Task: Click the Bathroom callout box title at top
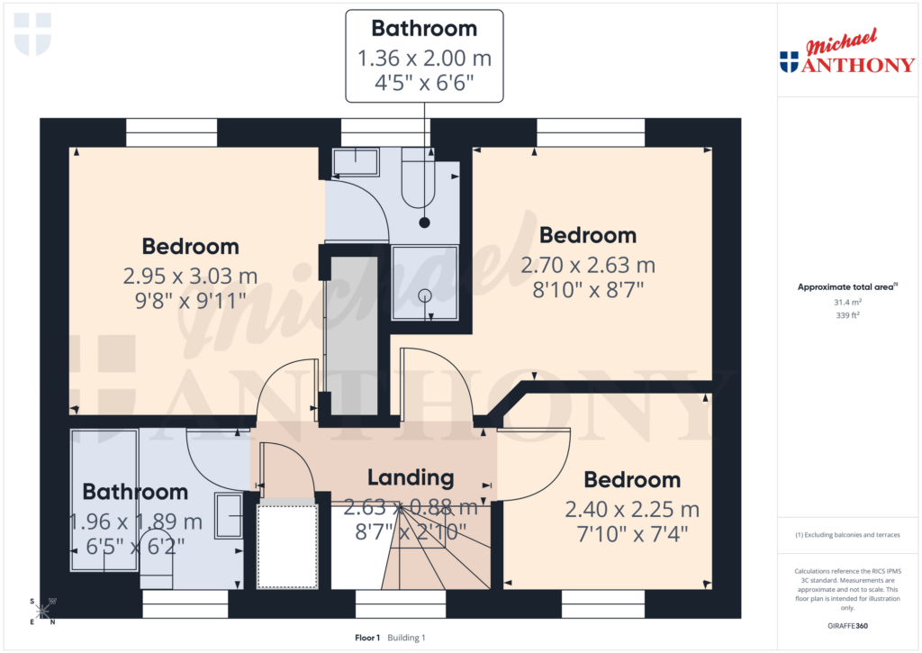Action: [424, 28]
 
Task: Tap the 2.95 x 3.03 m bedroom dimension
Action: [190, 275]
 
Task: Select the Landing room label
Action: [411, 477]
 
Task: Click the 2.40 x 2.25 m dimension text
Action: [632, 509]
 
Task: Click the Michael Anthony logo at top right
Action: [846, 54]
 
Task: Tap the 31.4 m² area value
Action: [846, 304]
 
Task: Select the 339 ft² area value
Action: [846, 316]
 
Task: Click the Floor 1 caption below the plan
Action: [368, 638]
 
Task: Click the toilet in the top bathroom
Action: [419, 185]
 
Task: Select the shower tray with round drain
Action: [424, 281]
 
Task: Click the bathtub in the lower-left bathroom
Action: [104, 500]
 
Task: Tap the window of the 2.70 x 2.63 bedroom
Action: [592, 132]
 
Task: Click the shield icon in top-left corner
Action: [33, 33]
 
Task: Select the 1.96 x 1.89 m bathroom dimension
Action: [135, 521]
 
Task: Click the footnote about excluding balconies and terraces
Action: [847, 535]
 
